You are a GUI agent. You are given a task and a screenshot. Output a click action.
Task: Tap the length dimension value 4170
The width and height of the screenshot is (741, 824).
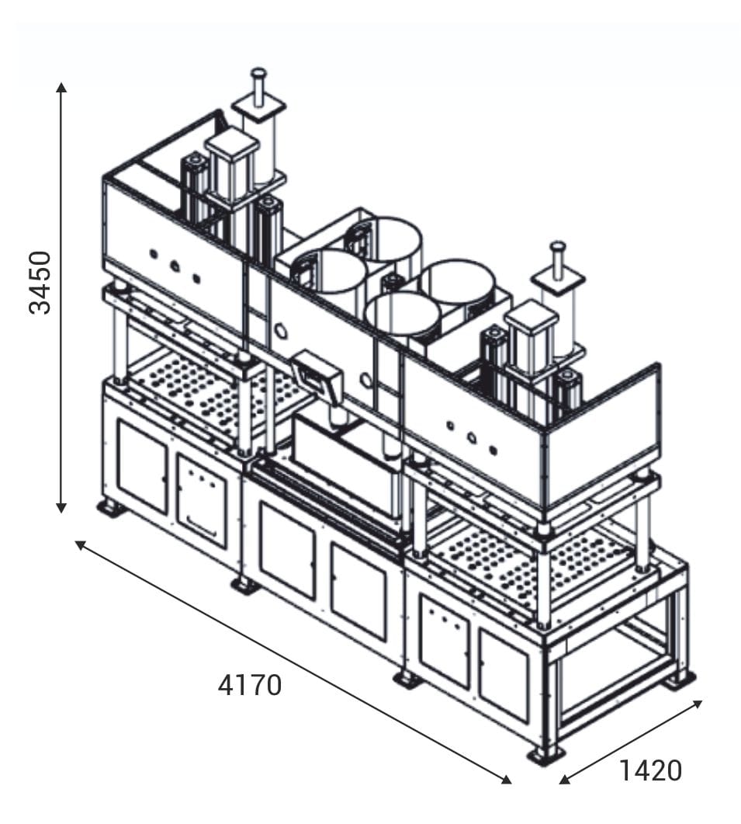click(250, 685)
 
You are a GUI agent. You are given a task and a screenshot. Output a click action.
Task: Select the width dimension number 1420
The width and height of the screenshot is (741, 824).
click(650, 770)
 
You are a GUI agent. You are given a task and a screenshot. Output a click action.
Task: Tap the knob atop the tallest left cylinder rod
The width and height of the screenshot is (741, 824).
click(258, 74)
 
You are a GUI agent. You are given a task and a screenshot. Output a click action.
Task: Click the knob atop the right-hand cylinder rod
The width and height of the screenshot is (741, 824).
click(557, 248)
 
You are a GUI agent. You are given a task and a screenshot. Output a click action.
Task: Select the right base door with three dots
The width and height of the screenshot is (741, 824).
click(444, 639)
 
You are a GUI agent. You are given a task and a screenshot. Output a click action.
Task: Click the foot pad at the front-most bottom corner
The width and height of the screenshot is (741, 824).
click(545, 754)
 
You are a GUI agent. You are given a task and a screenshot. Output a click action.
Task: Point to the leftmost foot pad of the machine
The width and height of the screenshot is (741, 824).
click(112, 509)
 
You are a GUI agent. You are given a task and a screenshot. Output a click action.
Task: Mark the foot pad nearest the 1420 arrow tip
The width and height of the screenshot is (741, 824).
click(678, 680)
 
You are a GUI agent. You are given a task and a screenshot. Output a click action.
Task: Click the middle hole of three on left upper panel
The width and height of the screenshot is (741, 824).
click(175, 266)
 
